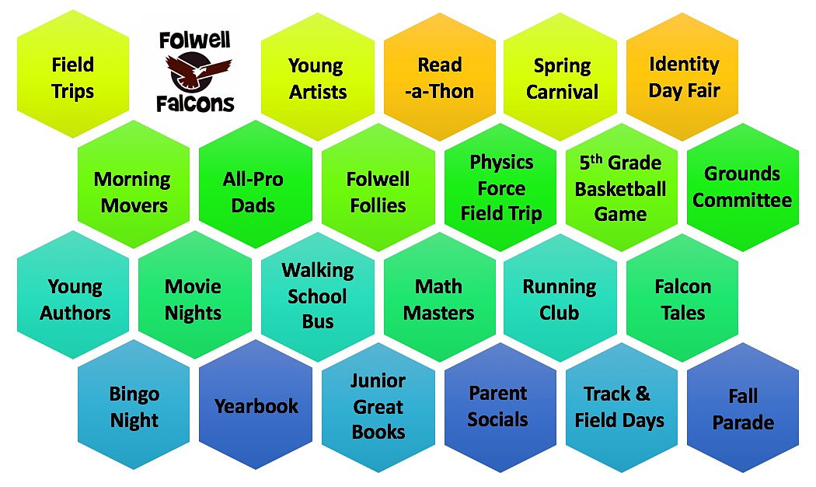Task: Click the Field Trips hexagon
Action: coord(73,74)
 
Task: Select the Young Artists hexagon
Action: coord(317,77)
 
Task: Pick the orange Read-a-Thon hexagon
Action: coord(440,77)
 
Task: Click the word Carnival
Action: coord(562,93)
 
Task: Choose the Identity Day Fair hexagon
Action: coord(683,77)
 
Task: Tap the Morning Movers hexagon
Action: coord(134,184)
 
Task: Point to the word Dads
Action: coord(253,205)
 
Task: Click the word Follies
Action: coord(378,205)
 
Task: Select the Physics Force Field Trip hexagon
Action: coord(500,187)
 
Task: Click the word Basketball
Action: coord(620,188)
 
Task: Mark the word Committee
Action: coord(742,200)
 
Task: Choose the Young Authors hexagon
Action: coord(73,295)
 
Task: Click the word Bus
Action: coord(317,321)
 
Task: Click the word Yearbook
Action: coord(256,406)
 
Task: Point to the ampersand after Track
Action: coord(643,394)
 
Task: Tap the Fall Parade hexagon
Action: coord(743,408)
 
